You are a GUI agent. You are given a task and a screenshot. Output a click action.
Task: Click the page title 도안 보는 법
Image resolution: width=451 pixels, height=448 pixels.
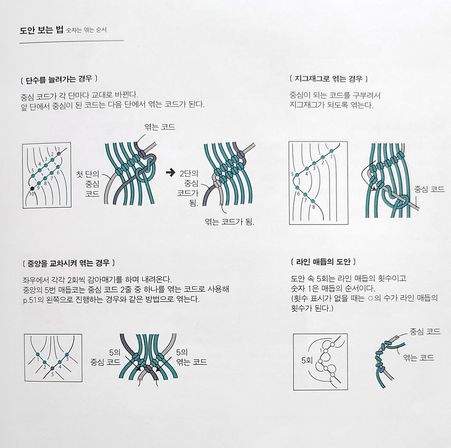point(41,31)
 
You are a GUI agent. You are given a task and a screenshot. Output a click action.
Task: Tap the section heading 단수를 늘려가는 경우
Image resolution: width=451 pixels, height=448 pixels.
point(59,79)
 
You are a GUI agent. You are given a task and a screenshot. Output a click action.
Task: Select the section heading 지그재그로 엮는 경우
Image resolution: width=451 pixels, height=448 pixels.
point(328,79)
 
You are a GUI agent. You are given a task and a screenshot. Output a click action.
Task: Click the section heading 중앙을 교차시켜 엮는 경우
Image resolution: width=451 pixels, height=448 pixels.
point(68,263)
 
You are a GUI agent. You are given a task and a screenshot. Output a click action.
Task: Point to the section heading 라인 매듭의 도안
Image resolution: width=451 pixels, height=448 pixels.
point(323,262)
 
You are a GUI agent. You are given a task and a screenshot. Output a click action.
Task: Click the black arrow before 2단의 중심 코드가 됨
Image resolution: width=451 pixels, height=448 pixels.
point(170,173)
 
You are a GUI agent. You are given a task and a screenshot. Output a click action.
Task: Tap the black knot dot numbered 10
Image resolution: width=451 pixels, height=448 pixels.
point(32,188)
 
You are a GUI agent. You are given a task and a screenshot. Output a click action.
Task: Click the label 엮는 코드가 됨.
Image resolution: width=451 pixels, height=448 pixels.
point(229,222)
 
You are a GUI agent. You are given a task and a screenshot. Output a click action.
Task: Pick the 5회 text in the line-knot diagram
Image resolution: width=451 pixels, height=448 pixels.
point(307,361)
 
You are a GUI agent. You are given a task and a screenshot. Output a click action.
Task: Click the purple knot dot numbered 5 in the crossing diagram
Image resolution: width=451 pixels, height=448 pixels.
point(52,368)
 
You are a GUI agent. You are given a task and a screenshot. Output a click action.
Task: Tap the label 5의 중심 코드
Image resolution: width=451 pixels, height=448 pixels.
point(105,357)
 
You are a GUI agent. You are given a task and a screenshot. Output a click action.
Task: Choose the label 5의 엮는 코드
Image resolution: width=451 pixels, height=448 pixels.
point(191,357)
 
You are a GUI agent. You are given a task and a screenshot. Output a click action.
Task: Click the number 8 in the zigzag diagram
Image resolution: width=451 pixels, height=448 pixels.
point(313,207)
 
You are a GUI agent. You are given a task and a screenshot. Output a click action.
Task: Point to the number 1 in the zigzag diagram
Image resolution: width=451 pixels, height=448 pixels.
point(331,157)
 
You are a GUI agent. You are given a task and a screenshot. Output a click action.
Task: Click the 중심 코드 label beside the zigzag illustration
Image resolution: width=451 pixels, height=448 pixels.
point(429,189)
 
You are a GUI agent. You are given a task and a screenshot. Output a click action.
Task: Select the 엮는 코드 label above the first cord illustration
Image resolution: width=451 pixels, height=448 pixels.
point(160,127)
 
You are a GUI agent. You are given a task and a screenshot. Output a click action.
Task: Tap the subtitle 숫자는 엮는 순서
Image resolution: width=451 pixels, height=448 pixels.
point(86,30)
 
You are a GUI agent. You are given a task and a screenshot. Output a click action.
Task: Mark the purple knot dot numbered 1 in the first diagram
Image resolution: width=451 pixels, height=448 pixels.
point(59,154)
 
